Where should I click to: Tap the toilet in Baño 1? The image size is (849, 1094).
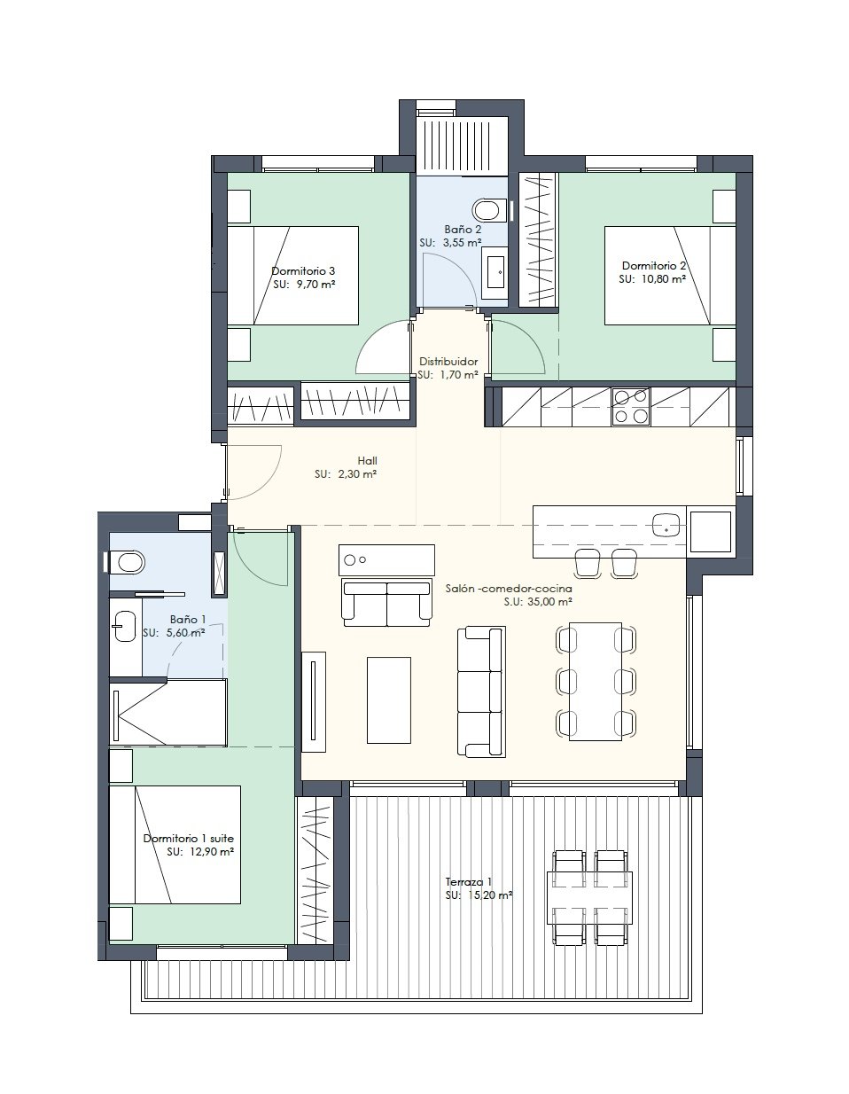click(x=127, y=562)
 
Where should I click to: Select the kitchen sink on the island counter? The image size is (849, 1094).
click(x=666, y=525)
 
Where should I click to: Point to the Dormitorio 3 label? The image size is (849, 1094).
click(x=303, y=271)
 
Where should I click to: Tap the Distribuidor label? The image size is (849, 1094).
click(x=448, y=361)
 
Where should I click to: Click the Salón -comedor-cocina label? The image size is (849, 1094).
click(x=509, y=588)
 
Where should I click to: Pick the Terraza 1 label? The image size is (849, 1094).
click(x=468, y=881)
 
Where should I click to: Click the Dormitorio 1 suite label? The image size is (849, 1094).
click(x=188, y=839)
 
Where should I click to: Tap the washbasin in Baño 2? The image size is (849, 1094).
click(x=496, y=271)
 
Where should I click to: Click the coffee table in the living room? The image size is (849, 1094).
click(x=388, y=699)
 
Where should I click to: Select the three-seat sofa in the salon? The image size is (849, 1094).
click(x=481, y=692)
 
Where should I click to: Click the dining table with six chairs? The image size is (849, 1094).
click(x=596, y=682)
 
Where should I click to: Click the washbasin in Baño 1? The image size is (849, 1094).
click(x=125, y=626)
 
